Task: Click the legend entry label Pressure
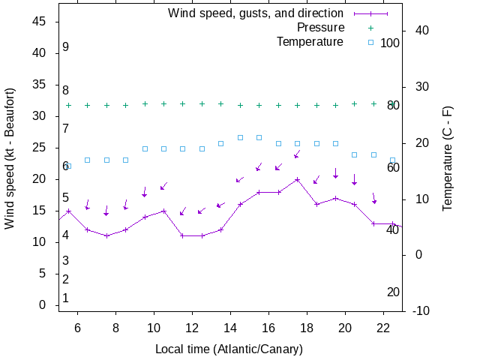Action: tap(320, 28)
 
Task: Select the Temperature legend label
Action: tap(310, 41)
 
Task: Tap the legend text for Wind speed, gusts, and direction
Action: tap(255, 13)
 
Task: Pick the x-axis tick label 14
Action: tap(230, 328)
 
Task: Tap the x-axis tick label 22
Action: tap(383, 328)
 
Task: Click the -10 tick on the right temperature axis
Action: tap(421, 310)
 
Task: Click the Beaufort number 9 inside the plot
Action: tap(66, 47)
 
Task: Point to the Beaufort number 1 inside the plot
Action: tap(66, 298)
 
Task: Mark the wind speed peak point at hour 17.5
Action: tap(298, 179)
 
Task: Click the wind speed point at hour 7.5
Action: tap(106, 235)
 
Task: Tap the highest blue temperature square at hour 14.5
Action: tap(240, 137)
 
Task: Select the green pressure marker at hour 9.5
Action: tap(145, 104)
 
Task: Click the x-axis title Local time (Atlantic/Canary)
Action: tap(229, 349)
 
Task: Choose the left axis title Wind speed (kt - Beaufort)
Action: tap(10, 157)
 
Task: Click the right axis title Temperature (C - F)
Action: tap(448, 157)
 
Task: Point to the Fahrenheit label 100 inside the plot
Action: tap(390, 43)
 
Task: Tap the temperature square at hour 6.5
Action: tap(88, 160)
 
